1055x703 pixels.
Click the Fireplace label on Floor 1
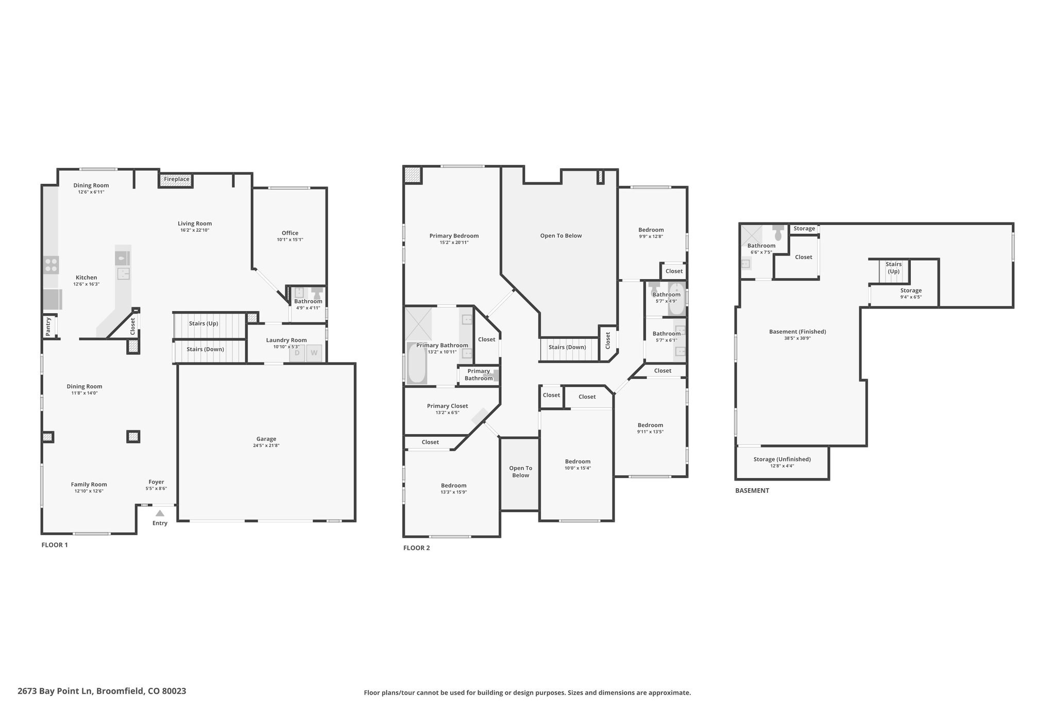(177, 179)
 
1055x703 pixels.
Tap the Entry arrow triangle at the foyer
(160, 513)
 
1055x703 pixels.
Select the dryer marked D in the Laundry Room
(297, 353)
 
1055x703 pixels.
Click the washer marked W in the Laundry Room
(314, 353)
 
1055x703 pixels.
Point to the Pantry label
(48, 327)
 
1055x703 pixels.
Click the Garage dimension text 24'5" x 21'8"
(266, 445)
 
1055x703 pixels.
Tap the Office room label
(290, 233)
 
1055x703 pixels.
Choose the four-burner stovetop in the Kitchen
(52, 265)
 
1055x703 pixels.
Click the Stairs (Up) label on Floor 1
(203, 323)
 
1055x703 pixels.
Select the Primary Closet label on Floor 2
(448, 406)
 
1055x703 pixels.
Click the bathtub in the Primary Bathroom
(417, 363)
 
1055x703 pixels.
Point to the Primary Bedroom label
(454, 236)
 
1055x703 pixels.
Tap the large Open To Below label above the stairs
(561, 236)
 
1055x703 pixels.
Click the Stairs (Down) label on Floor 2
(567, 347)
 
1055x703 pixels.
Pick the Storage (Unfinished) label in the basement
(782, 459)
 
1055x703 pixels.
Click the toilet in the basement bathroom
(778, 232)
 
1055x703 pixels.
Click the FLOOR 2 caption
(416, 548)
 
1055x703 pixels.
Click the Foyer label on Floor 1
(156, 482)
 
